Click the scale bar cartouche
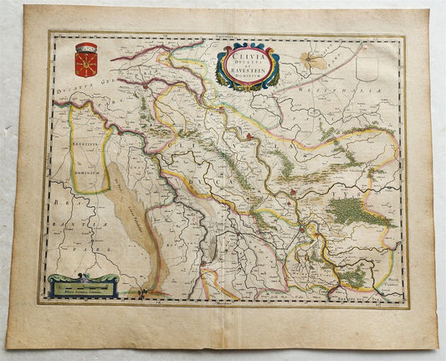click(x=81, y=287)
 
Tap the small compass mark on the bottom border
click(x=150, y=294)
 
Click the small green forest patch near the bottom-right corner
click(x=352, y=276)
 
